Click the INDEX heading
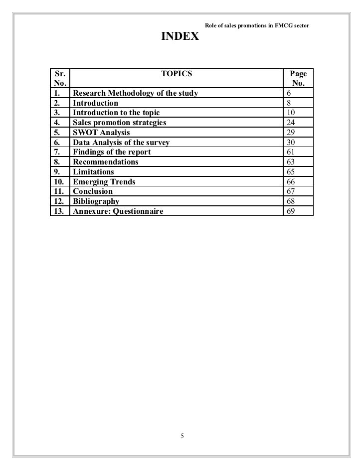pyautogui.click(x=179, y=37)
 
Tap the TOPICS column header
pyautogui.click(x=177, y=74)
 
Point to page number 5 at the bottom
pyautogui.click(x=182, y=437)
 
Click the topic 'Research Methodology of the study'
pyautogui.click(x=135, y=93)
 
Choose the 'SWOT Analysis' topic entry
pyautogui.click(x=101, y=133)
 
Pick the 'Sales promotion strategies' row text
pyautogui.click(x=119, y=123)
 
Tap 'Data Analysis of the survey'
pyautogui.click(x=121, y=143)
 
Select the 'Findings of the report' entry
pyautogui.click(x=112, y=152)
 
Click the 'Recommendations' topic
pyautogui.click(x=106, y=162)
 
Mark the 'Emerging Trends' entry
pyautogui.click(x=104, y=182)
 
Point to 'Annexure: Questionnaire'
pyautogui.click(x=118, y=211)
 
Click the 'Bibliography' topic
pyautogui.click(x=96, y=201)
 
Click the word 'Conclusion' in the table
pyautogui.click(x=93, y=191)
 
